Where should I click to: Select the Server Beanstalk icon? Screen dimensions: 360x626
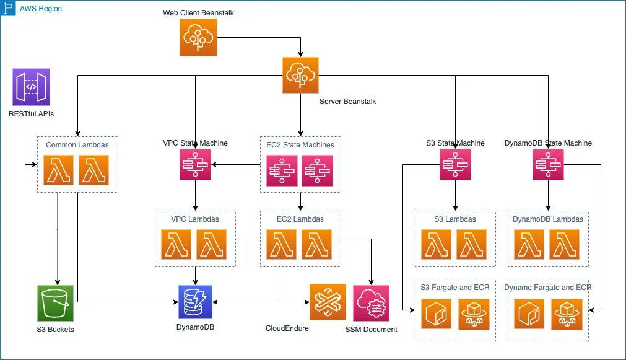tap(300, 75)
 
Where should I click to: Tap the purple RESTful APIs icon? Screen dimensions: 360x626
tap(31, 87)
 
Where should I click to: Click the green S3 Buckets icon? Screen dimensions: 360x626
tap(55, 303)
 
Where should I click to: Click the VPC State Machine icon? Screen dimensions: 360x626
tap(195, 165)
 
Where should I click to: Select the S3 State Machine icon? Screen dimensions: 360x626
tap(455, 165)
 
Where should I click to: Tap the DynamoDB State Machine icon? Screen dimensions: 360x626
tap(548, 165)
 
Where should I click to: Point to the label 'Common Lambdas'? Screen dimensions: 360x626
tap(77, 145)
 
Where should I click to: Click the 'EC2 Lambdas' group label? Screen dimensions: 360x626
tap(300, 219)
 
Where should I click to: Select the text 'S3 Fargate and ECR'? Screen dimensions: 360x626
tap(455, 288)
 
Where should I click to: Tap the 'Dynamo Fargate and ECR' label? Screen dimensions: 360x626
tap(548, 288)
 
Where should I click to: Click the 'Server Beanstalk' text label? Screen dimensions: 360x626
tap(347, 102)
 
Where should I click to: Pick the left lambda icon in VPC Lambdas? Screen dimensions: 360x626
tap(177, 244)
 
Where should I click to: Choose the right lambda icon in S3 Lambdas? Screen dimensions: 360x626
tap(472, 244)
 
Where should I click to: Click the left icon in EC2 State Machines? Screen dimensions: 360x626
tap(282, 169)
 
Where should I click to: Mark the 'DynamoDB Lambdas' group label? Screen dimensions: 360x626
tap(548, 219)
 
